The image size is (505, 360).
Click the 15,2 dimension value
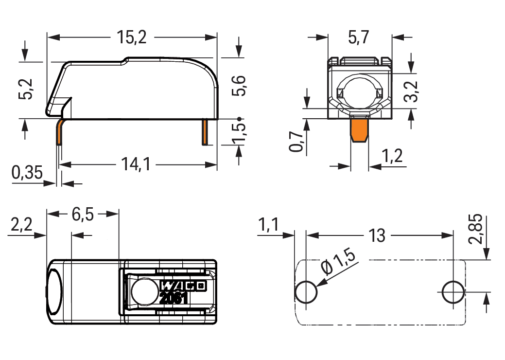131,37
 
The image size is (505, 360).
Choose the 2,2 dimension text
21,225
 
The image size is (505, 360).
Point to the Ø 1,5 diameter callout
339,263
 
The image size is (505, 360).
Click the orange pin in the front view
360,130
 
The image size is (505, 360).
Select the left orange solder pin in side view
59,132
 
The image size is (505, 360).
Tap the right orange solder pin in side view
205,132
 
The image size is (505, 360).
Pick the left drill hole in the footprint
306,292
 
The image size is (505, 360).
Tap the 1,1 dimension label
268,225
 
